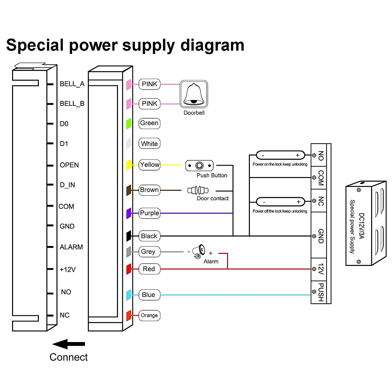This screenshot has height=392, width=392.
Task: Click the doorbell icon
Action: tap(194, 94)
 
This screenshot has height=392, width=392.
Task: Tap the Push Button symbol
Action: tap(199, 166)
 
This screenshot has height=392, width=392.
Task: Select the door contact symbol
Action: tap(198, 190)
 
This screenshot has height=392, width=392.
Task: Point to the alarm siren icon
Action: tap(199, 252)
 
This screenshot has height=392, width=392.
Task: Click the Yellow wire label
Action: tap(149, 165)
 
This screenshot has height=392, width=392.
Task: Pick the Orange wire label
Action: tap(149, 315)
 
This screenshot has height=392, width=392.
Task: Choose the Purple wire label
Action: tap(149, 213)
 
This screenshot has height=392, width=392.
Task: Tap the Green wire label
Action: tap(149, 123)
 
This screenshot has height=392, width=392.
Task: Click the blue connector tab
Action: tap(129, 295)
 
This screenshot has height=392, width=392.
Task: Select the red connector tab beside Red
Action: tap(129, 269)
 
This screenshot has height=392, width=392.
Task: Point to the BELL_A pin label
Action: tap(72, 84)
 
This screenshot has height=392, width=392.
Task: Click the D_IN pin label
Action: tap(67, 185)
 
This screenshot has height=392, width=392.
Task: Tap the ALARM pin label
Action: tap(71, 247)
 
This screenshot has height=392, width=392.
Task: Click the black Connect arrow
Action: tap(69, 344)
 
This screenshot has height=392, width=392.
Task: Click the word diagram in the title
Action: tap(212, 45)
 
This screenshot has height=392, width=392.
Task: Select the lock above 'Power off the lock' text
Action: tap(280, 202)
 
